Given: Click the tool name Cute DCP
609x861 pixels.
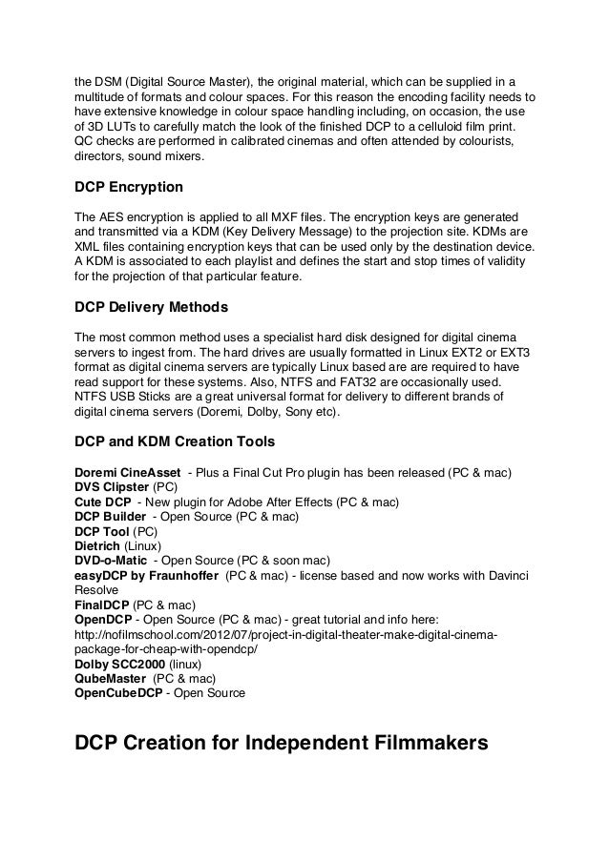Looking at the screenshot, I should pos(103,502).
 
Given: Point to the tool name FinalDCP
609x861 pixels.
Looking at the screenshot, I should pos(102,605).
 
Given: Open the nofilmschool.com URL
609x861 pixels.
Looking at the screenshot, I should pos(286,635).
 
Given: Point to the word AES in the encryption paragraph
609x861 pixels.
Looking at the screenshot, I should pos(112,217).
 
